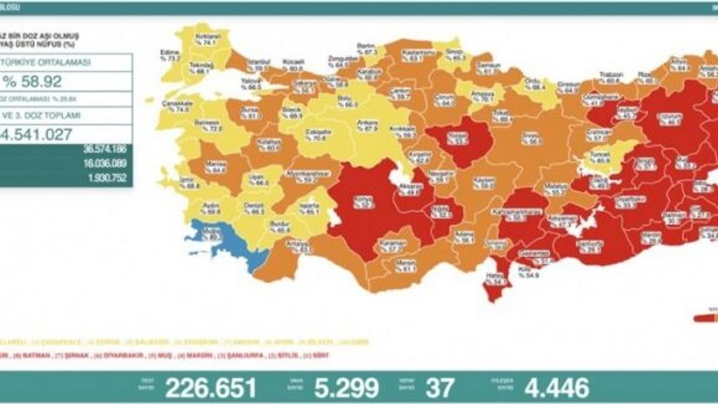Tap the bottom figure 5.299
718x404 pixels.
click(x=346, y=388)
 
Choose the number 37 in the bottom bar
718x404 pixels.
click(x=440, y=388)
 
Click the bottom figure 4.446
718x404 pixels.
click(x=557, y=388)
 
